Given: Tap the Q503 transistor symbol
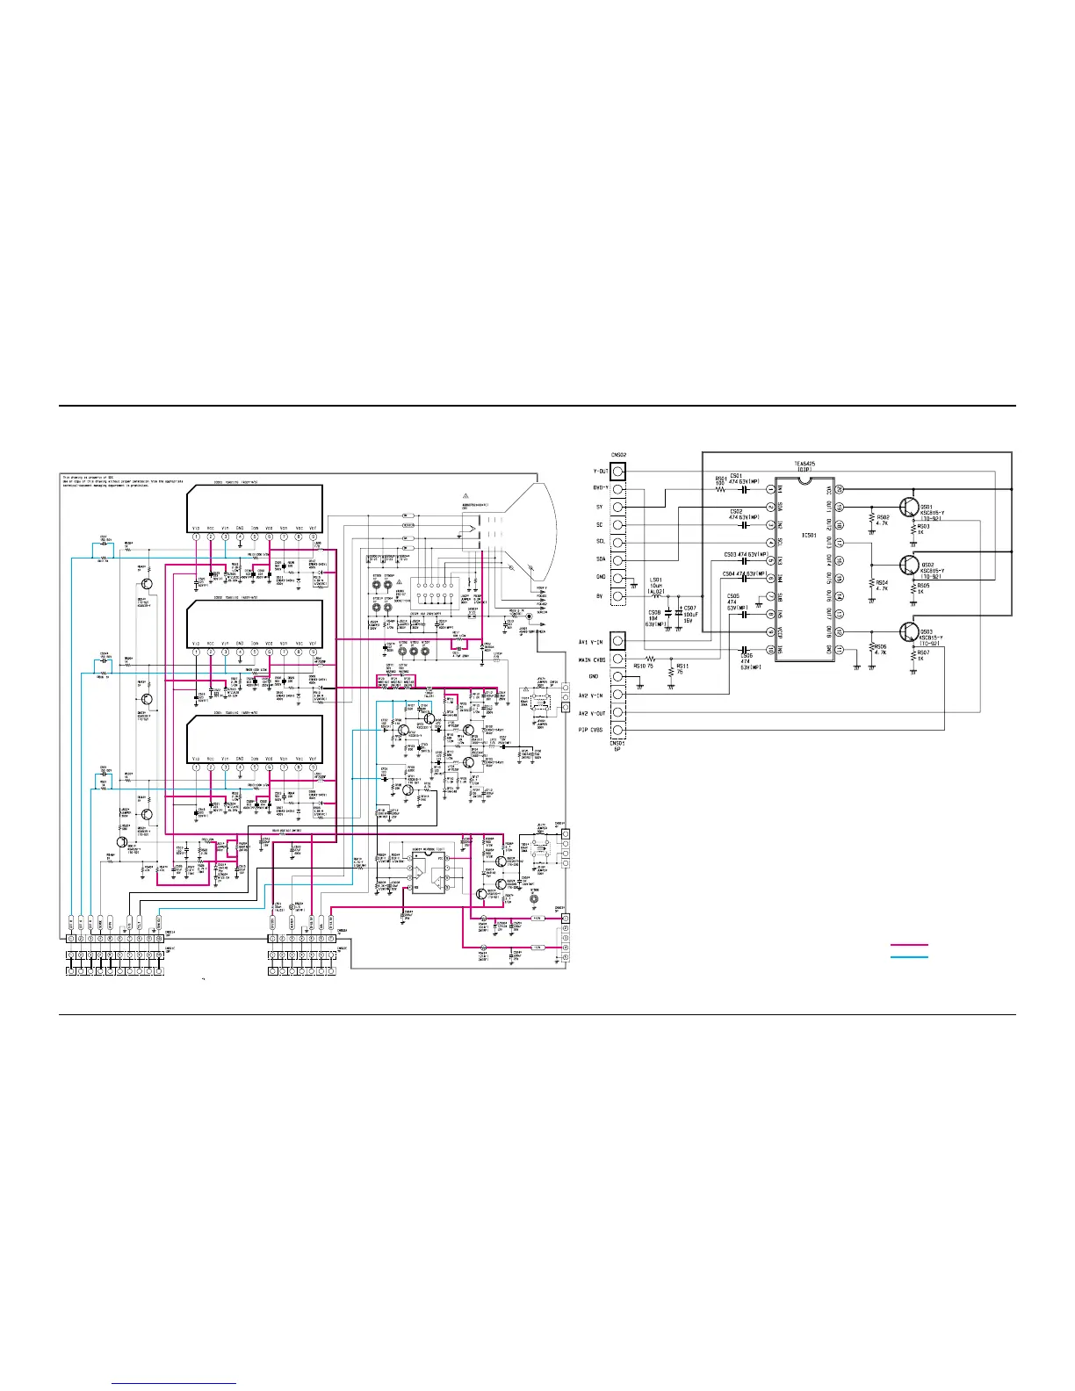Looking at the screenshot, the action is pyautogui.click(x=908, y=631).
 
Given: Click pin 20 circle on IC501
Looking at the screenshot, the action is pyautogui.click(x=839, y=488).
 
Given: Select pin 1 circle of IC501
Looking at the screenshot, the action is pyautogui.click(x=770, y=489).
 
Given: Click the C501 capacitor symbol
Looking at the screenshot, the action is pyautogui.click(x=745, y=489).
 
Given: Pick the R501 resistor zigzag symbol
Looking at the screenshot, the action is pyautogui.click(x=721, y=489).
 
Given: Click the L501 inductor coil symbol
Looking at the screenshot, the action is pyautogui.click(x=656, y=596).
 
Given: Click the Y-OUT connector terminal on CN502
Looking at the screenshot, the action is pyautogui.click(x=619, y=471).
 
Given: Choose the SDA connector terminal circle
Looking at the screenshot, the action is pyautogui.click(x=619, y=560).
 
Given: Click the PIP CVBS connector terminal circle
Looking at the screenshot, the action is pyautogui.click(x=619, y=730).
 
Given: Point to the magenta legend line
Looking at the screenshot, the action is pyautogui.click(x=909, y=946).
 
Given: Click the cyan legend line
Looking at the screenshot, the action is pyautogui.click(x=909, y=956).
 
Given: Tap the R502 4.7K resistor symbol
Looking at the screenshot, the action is pyautogui.click(x=870, y=518).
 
